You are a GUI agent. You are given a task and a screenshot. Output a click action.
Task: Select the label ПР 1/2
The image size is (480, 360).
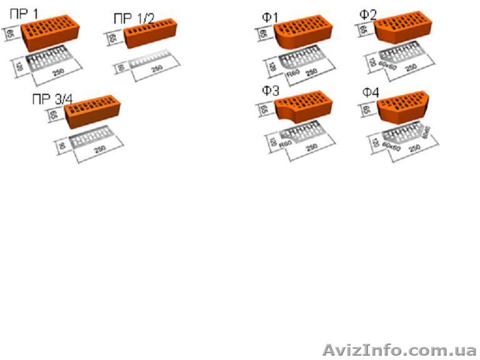[133, 19]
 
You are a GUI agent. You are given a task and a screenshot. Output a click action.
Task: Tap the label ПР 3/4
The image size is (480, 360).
[52, 99]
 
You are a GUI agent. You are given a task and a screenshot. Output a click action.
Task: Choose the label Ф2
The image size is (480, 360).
[368, 13]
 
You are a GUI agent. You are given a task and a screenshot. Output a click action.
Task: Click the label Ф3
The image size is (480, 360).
[270, 91]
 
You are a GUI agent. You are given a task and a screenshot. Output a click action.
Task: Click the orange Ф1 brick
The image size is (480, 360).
[302, 34]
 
